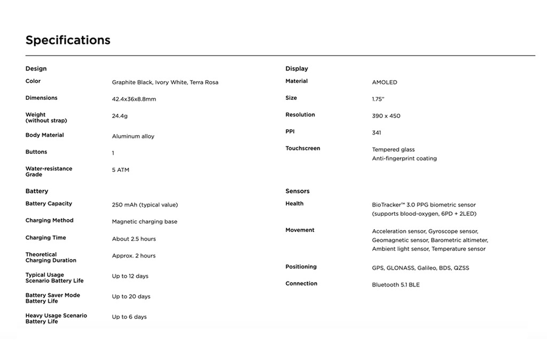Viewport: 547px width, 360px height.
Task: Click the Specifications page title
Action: click(68, 40)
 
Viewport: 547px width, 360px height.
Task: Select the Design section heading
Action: click(36, 68)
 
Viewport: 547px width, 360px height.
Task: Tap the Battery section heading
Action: click(37, 191)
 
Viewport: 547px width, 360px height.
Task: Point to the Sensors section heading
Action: click(298, 191)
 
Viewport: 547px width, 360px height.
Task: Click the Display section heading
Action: click(296, 68)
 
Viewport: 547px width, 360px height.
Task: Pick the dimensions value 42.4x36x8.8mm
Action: click(134, 99)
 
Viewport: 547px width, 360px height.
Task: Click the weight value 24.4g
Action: click(120, 116)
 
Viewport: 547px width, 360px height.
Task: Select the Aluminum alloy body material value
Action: click(133, 136)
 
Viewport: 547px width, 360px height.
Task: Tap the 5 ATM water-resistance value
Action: click(121, 170)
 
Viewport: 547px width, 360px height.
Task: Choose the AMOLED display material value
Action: click(385, 82)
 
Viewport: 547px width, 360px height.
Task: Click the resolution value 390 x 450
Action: click(386, 116)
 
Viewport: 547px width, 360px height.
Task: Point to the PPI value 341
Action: click(377, 133)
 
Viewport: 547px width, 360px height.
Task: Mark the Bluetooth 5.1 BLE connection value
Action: click(396, 285)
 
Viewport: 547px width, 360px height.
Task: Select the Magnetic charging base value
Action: click(145, 222)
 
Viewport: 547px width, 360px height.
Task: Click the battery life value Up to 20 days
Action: click(131, 296)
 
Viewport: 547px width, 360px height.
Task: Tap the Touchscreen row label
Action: click(303, 148)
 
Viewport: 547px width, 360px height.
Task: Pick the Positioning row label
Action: click(301, 267)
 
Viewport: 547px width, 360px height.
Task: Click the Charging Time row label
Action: click(46, 238)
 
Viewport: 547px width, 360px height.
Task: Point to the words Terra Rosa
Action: click(204, 82)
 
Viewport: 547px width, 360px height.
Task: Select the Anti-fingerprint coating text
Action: click(404, 159)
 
